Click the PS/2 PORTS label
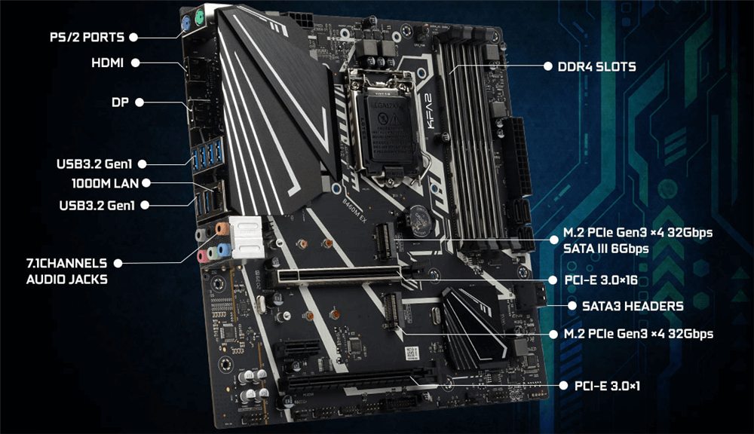87,37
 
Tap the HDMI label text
107,63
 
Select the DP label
120,102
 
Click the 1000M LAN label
105,183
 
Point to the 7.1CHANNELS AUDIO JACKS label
67,271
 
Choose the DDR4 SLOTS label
596,67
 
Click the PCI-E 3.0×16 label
601,280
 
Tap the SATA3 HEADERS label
633,306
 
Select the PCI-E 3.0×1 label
607,386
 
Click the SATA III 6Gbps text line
606,249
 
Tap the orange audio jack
222,228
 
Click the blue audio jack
224,249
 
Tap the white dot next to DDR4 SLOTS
547,66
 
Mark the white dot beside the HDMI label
136,63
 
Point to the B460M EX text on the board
354,210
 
